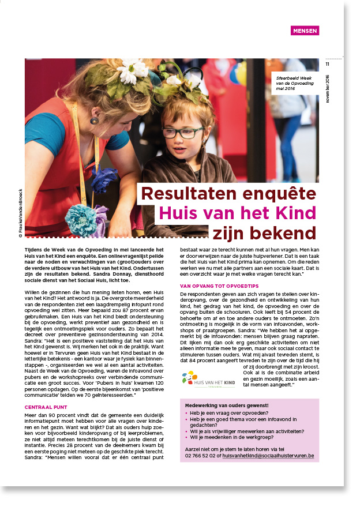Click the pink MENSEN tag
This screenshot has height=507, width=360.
305,31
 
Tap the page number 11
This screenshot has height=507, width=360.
327,65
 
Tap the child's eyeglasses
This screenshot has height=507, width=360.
186,132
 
